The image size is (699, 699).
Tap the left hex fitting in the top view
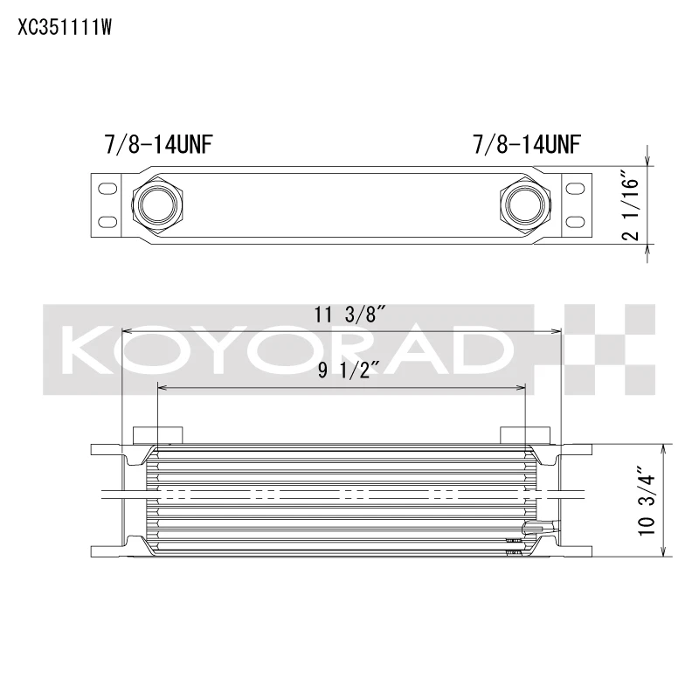[x=157, y=204]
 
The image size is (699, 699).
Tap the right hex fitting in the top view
[x=525, y=204]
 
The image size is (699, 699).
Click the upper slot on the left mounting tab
[x=107, y=188]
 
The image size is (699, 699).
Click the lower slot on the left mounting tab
[x=107, y=220]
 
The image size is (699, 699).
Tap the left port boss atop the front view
[x=157, y=435]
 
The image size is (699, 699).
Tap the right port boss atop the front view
[x=525, y=435]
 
